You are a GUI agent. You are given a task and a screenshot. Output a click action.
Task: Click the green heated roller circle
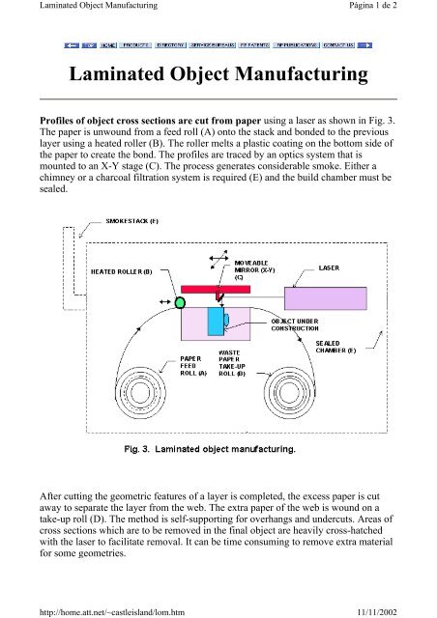pyautogui.click(x=180, y=303)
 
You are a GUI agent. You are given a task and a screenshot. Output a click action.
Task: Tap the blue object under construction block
pyautogui.click(x=225, y=320)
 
